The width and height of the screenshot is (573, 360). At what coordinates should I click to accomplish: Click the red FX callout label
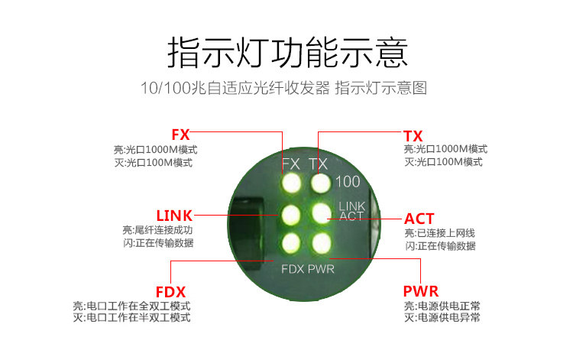coord(181,134)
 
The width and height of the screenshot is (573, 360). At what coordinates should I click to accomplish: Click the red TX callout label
coord(413,134)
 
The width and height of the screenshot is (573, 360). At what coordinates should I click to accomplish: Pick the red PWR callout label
coord(420,291)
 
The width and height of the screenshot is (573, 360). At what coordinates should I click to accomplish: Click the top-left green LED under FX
coord(291,183)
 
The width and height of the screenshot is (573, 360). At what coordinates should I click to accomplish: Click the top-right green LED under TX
coord(320,183)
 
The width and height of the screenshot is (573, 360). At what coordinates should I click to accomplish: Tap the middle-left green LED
coord(291,214)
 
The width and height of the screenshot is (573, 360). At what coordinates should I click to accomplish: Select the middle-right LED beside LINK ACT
coord(320,214)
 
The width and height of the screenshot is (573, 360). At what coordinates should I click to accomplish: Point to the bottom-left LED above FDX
coord(291,244)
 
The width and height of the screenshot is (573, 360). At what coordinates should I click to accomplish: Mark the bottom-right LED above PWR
coord(320,244)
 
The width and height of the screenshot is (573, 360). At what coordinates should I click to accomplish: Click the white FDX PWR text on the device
coord(308,269)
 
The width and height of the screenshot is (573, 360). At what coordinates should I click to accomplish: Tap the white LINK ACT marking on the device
coord(352,211)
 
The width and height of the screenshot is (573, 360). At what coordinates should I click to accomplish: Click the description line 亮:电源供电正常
coord(442,306)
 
